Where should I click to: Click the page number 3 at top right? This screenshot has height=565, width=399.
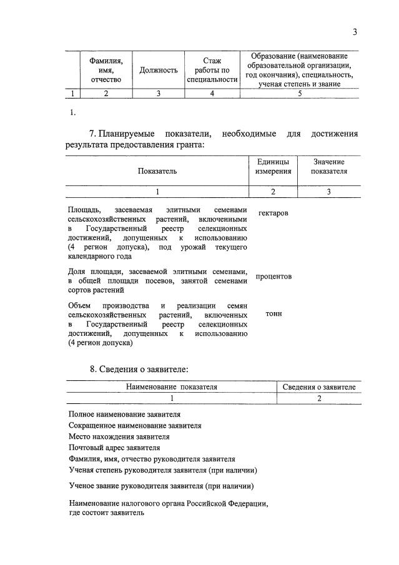click(355, 32)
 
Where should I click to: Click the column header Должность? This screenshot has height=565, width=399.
click(159, 71)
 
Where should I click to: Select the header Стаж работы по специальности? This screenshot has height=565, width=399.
click(212, 70)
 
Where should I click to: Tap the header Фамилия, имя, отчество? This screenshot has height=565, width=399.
click(106, 71)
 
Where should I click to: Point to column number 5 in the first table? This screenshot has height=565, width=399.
click(300, 94)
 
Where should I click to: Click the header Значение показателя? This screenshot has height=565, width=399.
click(329, 166)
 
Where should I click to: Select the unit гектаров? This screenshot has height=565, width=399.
click(273, 213)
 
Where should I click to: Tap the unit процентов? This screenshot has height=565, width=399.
click(273, 276)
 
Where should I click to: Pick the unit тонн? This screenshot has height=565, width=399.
click(273, 313)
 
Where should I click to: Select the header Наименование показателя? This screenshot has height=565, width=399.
click(172, 387)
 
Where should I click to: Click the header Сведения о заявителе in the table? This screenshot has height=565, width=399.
click(318, 387)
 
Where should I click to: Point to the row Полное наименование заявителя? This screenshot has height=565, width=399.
click(125, 415)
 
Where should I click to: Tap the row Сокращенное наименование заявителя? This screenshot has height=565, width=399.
click(135, 425)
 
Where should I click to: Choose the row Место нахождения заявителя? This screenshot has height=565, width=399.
click(119, 436)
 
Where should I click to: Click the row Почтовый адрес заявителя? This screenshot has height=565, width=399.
click(114, 448)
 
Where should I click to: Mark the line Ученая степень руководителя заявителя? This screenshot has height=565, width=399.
click(162, 470)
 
